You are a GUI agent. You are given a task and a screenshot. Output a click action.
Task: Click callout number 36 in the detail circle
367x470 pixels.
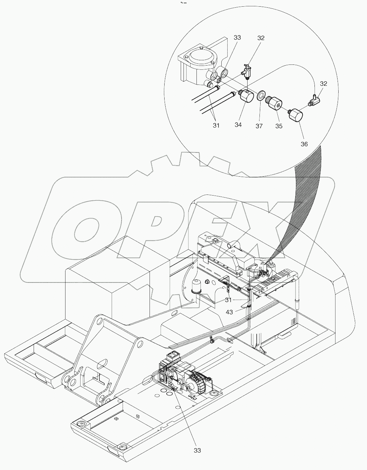[x=304, y=144]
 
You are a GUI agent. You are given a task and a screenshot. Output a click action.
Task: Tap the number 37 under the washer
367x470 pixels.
[x=259, y=126]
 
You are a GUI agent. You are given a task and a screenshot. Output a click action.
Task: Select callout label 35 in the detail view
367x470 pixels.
[x=278, y=126]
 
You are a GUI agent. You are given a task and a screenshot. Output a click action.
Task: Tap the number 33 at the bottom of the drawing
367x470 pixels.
[x=198, y=450]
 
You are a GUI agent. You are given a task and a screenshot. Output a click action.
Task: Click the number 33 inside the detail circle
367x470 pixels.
[x=237, y=38]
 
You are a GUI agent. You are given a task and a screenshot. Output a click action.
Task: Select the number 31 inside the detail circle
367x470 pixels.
[x=216, y=125]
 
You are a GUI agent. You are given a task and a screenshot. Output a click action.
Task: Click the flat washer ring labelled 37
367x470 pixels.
[x=260, y=96]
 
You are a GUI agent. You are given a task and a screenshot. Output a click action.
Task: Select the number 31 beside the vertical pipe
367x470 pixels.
[x=228, y=300]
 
